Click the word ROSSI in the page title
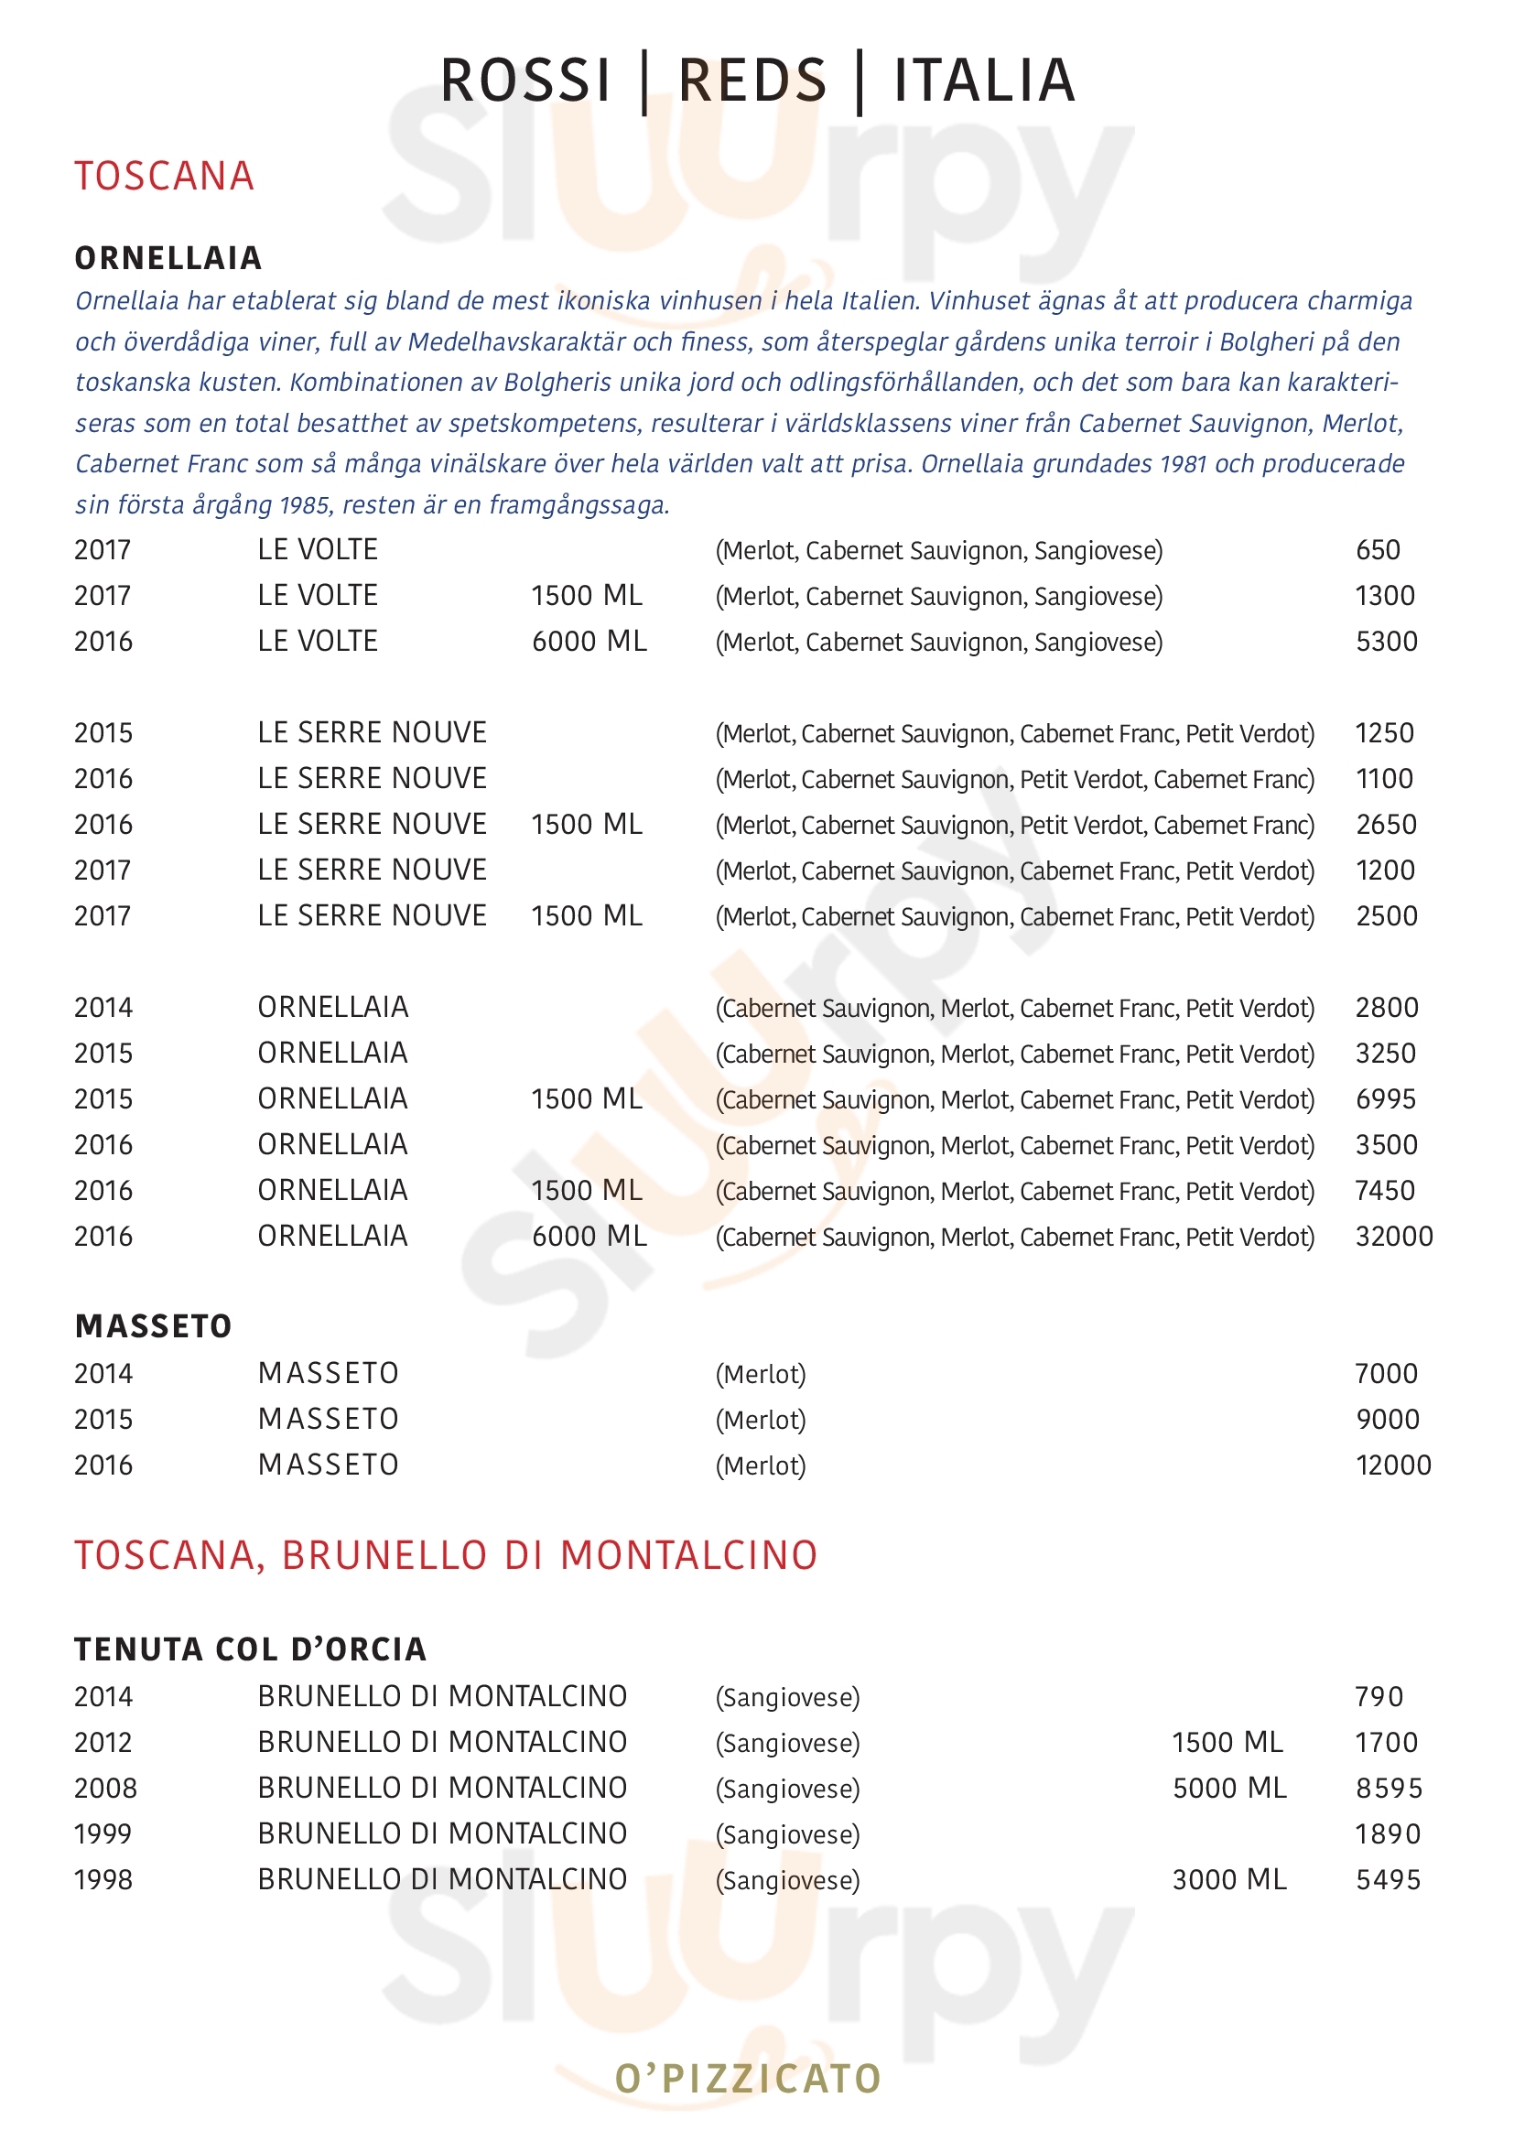click(x=524, y=81)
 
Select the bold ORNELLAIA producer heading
click(x=168, y=258)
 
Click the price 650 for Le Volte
click(x=1377, y=550)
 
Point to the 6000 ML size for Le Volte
click(x=589, y=642)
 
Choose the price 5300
click(x=1385, y=642)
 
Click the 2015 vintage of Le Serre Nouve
click(x=103, y=733)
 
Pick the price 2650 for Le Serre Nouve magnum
click(x=1385, y=825)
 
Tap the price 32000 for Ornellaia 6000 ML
click(x=1393, y=1237)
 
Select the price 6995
click(x=1385, y=1099)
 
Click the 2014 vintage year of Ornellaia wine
click(x=103, y=1008)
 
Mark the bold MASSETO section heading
click(x=153, y=1326)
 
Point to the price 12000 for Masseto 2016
click(x=1393, y=1465)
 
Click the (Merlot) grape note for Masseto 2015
click(x=760, y=1421)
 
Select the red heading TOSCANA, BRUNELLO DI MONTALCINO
click(x=446, y=1556)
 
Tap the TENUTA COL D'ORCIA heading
click(x=250, y=1649)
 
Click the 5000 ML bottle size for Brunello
click(x=1228, y=1789)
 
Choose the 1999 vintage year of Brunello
click(x=103, y=1834)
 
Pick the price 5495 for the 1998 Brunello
click(x=1387, y=1880)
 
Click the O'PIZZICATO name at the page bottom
click(x=748, y=2080)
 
